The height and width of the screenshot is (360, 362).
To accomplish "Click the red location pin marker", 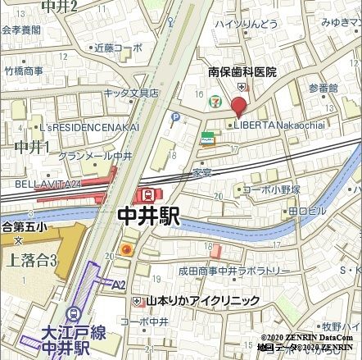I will point(238,107).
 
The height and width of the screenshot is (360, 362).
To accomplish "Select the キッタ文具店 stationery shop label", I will point(131,93).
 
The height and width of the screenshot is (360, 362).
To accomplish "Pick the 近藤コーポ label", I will point(116,48).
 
